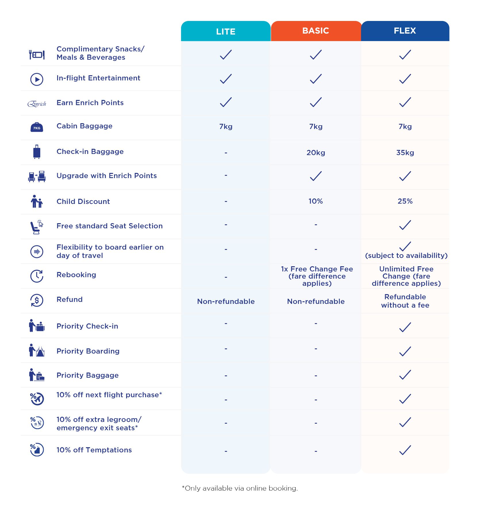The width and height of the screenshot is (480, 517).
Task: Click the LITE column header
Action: (x=226, y=31)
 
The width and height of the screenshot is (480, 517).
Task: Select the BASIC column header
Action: (x=315, y=31)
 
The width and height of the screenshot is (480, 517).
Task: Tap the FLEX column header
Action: (x=405, y=31)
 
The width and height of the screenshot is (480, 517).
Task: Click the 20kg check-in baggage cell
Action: (x=316, y=153)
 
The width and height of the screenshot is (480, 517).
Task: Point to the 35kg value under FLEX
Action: (x=405, y=153)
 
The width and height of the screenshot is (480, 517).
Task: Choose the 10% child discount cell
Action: (x=316, y=201)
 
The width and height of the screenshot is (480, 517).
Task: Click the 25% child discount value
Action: (x=405, y=201)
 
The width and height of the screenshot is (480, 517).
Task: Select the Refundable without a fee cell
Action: (x=405, y=301)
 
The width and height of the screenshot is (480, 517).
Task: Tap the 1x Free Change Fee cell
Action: (x=317, y=276)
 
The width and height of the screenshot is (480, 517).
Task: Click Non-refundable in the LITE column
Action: (x=226, y=301)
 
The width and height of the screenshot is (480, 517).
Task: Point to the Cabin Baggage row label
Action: (x=84, y=126)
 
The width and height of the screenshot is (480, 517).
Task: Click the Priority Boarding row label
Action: (x=88, y=351)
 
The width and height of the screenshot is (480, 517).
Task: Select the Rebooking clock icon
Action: (x=37, y=276)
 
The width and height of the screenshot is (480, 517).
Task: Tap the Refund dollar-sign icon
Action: (x=37, y=300)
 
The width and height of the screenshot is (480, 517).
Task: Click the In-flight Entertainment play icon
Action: (x=37, y=79)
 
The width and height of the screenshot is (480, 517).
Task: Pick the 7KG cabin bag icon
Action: (x=37, y=127)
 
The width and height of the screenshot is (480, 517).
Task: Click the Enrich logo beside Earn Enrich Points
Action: (x=37, y=104)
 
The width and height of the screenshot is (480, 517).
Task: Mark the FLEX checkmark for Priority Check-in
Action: (x=405, y=327)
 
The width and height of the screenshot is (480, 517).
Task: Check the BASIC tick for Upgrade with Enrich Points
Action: (x=316, y=176)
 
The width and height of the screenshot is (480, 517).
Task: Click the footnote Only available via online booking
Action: (x=240, y=488)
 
